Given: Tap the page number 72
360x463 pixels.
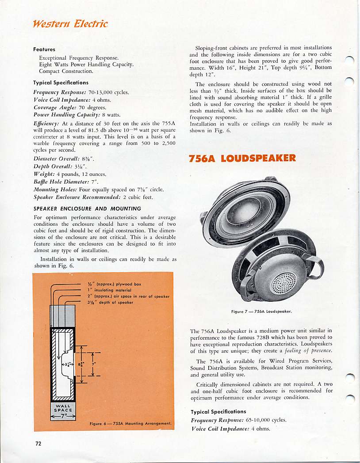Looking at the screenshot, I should tap(38, 443).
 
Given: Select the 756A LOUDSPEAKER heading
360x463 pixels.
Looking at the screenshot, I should tap(242, 158).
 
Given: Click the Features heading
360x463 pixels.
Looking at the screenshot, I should tap(44, 49).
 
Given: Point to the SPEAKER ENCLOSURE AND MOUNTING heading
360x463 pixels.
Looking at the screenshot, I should tap(87, 208).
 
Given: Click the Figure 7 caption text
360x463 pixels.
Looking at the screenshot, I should tap(264, 311).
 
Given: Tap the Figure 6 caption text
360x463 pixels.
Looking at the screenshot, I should tap(130, 423).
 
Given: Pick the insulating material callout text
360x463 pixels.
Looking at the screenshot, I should tap(117, 290).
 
